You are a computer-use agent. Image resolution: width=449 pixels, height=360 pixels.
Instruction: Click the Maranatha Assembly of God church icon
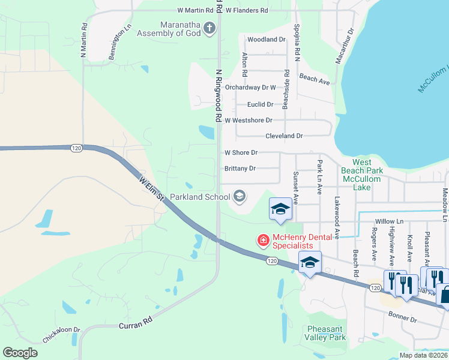point(209,28)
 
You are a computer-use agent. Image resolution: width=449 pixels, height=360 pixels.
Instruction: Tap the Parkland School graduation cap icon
point(239,196)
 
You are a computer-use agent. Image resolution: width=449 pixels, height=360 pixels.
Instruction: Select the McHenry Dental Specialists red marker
point(263,241)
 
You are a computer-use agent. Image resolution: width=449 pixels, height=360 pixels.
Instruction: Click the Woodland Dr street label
point(266,39)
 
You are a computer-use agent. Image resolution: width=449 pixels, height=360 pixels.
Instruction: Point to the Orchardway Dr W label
point(250,87)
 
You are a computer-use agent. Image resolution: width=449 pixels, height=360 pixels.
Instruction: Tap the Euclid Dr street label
point(260,104)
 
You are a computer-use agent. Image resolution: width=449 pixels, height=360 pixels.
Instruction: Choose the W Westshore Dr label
point(249,120)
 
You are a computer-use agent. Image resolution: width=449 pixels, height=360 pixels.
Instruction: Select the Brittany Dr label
point(240,169)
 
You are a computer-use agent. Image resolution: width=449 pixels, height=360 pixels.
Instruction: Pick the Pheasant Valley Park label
point(327,333)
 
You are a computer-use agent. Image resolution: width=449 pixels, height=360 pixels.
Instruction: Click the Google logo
point(20,353)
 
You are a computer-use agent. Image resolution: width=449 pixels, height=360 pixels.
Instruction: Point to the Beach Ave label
point(315,79)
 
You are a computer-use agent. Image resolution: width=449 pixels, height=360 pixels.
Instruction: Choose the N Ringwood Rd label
point(219,93)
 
